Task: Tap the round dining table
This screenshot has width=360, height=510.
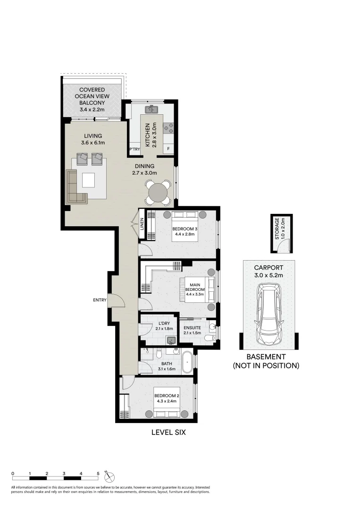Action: tap(158, 193)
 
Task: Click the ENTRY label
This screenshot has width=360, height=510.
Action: tap(100, 300)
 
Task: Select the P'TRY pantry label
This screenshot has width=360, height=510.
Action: tap(134, 150)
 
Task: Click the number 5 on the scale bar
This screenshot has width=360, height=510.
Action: tap(98, 473)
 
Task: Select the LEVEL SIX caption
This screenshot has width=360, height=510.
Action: tap(168, 432)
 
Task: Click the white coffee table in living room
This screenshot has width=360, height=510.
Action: tap(88, 180)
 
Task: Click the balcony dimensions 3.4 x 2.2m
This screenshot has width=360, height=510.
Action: tap(92, 109)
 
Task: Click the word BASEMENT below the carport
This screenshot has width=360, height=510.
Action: tap(265, 357)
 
